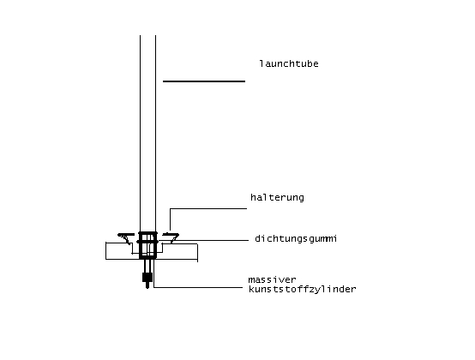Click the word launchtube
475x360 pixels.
click(289, 63)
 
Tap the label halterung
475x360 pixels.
click(277, 197)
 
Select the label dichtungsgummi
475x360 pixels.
click(296, 238)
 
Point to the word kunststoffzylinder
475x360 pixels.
click(303, 290)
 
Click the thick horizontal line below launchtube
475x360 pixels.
click(204, 81)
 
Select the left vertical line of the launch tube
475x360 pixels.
click(140, 133)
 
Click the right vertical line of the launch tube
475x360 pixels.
click(156, 133)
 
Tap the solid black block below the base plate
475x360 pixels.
click(147, 277)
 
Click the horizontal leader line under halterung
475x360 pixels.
click(208, 208)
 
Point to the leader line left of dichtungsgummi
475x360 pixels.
click(212, 240)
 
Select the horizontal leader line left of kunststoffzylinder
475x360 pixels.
click(198, 287)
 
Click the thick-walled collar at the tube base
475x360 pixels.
click(147, 245)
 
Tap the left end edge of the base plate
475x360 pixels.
click(105, 250)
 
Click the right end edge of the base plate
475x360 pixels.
click(197, 253)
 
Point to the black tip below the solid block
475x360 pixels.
click(147, 285)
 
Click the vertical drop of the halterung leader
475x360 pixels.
click(170, 219)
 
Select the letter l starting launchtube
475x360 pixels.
click(262, 63)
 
